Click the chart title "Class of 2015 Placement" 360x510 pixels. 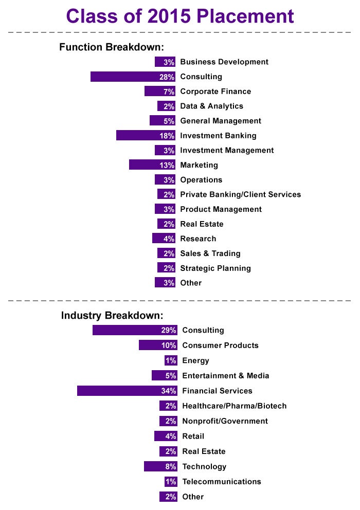(x=180, y=16)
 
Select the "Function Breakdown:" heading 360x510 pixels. (x=112, y=47)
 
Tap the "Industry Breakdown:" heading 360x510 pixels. (x=112, y=315)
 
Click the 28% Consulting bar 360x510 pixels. (x=133, y=77)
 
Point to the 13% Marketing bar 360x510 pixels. (x=152, y=165)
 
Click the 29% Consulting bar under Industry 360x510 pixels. (x=135, y=330)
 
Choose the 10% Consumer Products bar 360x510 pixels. (x=158, y=345)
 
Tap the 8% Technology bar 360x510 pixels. (x=160, y=466)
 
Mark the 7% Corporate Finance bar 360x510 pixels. (x=160, y=92)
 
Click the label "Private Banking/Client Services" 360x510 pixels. (x=240, y=194)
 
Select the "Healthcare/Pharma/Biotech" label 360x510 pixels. (x=234, y=406)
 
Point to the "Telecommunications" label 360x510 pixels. (x=222, y=482)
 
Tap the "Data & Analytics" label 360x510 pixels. (x=211, y=106)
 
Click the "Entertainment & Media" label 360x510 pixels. (x=225, y=376)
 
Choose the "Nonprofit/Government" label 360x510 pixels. (x=225, y=421)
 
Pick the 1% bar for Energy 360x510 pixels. (x=171, y=360)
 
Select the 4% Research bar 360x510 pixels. (x=164, y=239)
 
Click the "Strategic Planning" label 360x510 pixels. (x=215, y=268)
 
